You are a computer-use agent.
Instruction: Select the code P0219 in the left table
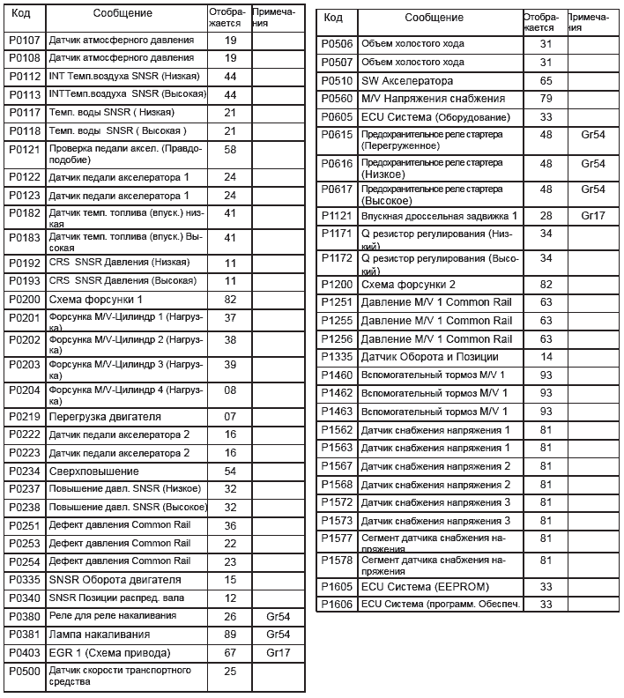(24, 416)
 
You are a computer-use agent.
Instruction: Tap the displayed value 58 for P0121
(230, 150)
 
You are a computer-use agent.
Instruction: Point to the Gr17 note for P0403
(277, 653)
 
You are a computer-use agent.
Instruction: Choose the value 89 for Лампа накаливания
(230, 635)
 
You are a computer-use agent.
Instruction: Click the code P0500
(24, 672)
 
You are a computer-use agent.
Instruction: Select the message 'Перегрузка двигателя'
(105, 416)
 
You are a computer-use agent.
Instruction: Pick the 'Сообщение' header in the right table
(434, 18)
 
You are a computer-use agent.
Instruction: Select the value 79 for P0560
(545, 99)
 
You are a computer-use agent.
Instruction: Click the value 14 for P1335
(545, 357)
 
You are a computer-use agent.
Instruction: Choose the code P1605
(336, 586)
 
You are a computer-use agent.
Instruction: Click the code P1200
(336, 285)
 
